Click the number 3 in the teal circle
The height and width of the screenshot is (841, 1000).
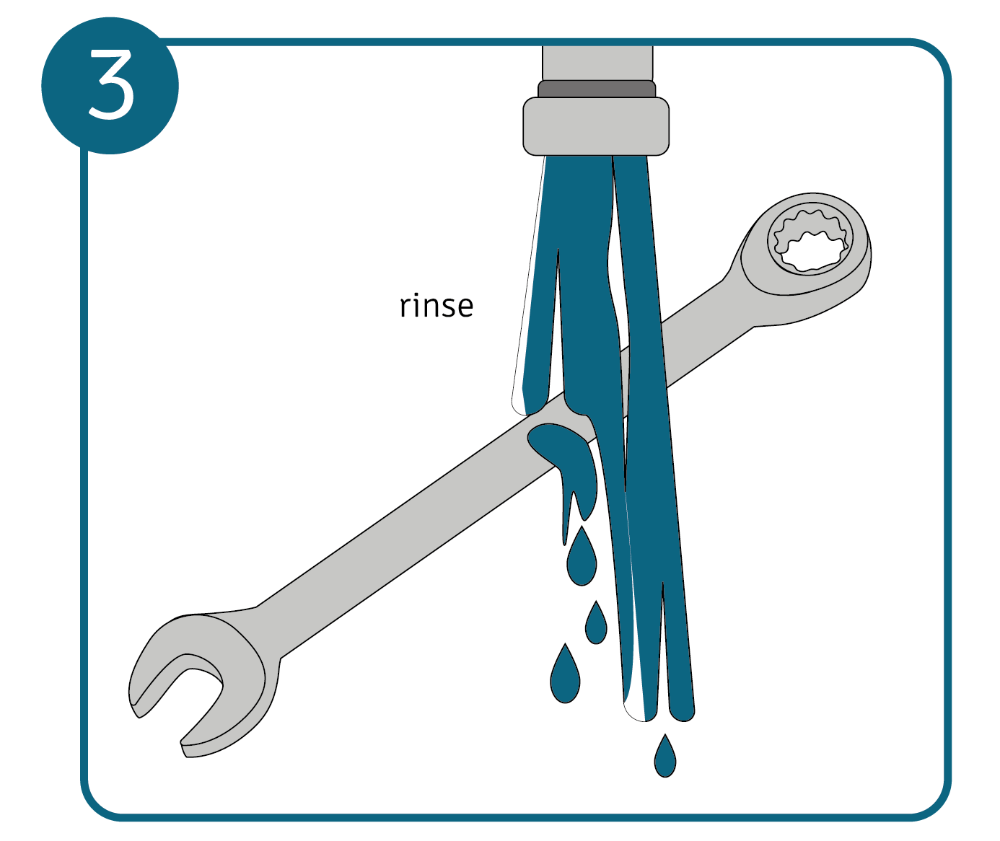[x=111, y=84]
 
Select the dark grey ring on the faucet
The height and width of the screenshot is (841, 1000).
[x=596, y=89]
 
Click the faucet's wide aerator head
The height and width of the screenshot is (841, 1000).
[x=596, y=126]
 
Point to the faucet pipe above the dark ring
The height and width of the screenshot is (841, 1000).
[x=597, y=63]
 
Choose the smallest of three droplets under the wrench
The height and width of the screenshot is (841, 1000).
[x=596, y=624]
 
